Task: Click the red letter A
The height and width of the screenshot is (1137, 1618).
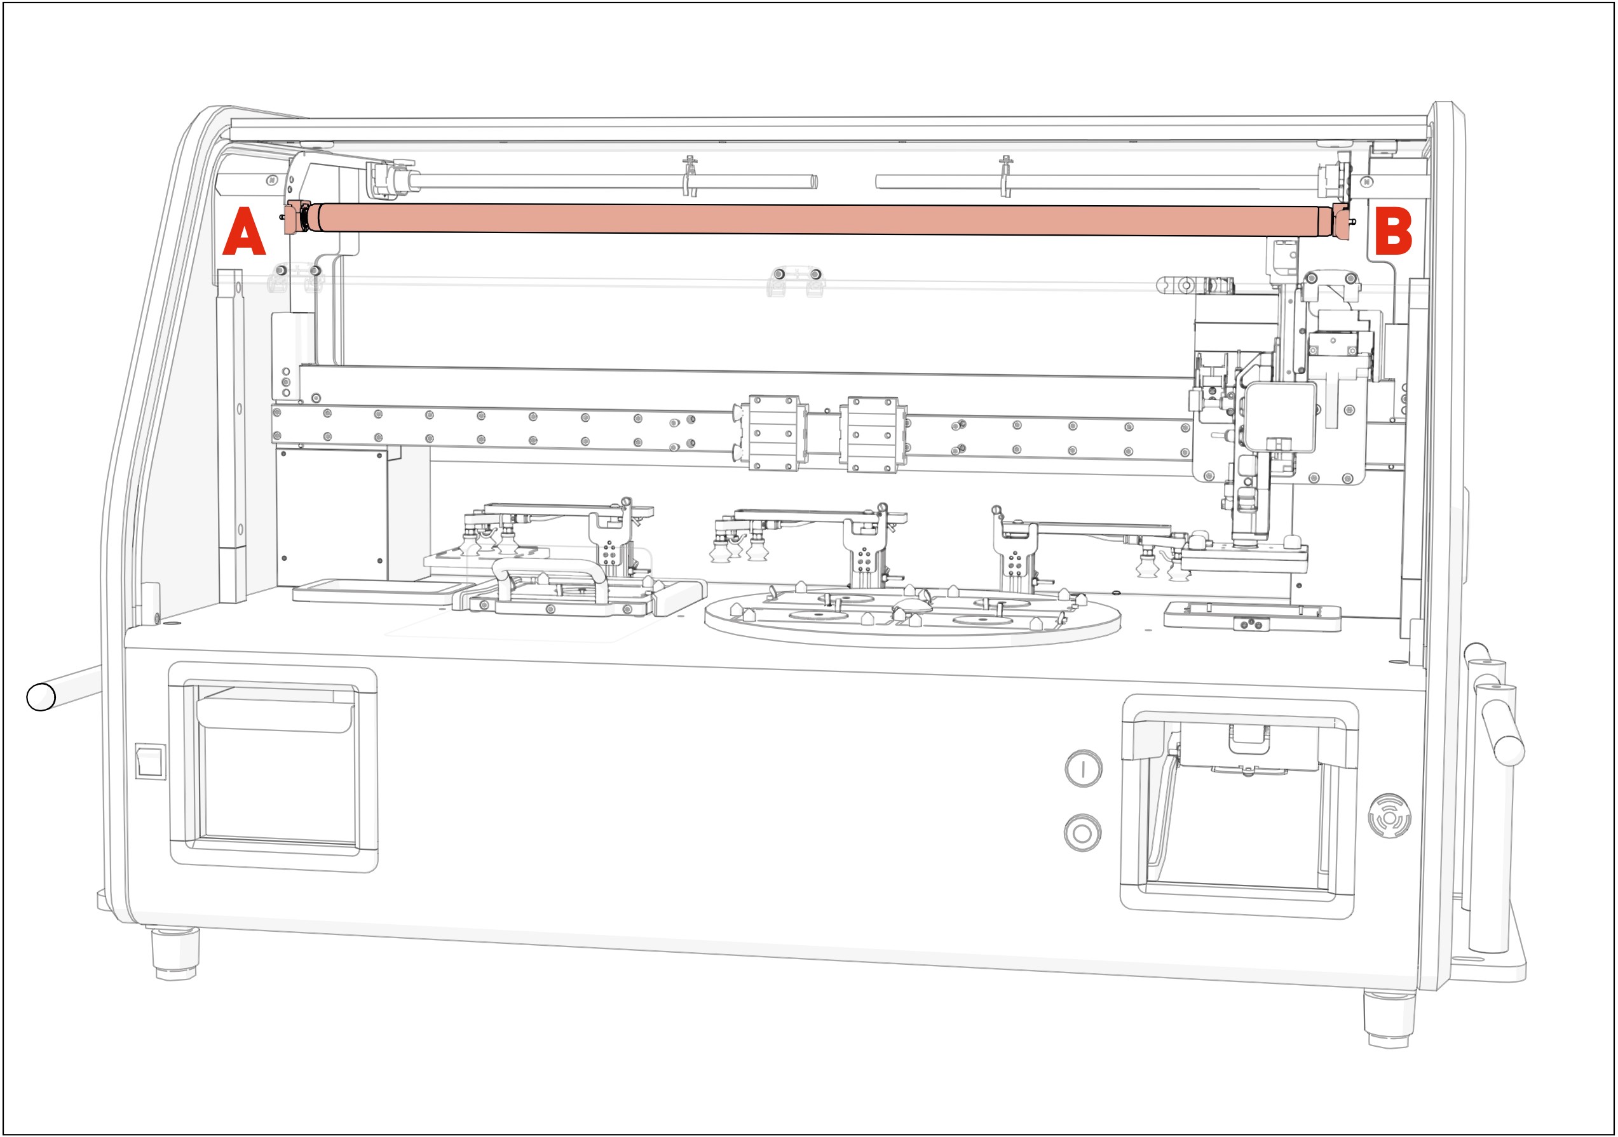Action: point(244,232)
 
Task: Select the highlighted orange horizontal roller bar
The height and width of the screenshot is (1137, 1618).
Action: point(817,219)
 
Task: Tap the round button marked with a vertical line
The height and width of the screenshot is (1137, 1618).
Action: point(1083,769)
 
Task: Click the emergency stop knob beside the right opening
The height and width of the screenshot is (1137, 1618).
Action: point(1389,816)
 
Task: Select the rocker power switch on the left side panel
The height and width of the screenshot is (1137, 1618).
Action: point(150,762)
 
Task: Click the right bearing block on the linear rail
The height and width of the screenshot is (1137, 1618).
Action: point(873,434)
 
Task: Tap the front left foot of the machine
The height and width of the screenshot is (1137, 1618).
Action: point(175,955)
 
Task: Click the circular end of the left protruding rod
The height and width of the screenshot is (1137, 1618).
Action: point(41,697)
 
